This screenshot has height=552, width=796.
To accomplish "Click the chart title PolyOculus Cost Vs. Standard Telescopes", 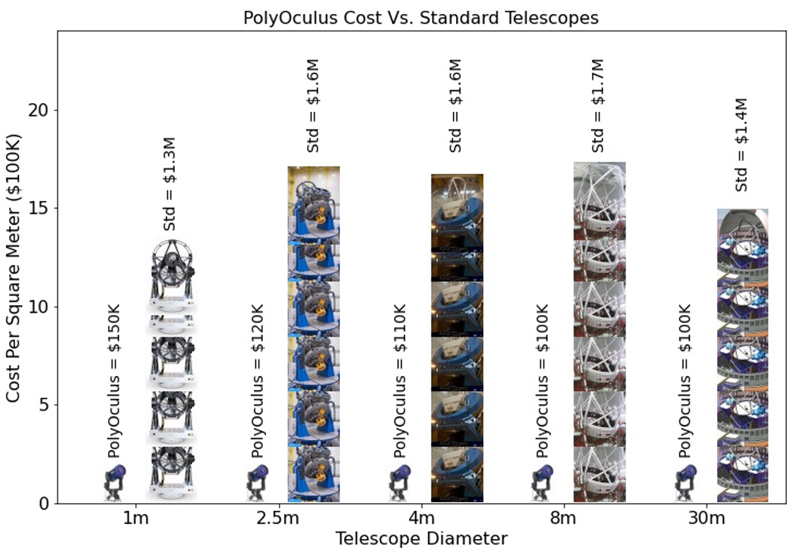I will pos(421,18).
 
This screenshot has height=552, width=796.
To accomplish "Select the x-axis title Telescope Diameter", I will pos(421,538).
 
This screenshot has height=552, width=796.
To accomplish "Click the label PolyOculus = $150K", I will pos(114,381).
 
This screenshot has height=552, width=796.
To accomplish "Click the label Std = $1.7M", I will pos(598,106).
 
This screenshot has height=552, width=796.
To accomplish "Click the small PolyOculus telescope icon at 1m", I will pos(114,482).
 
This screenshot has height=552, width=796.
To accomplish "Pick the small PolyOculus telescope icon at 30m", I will pos(686,482).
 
